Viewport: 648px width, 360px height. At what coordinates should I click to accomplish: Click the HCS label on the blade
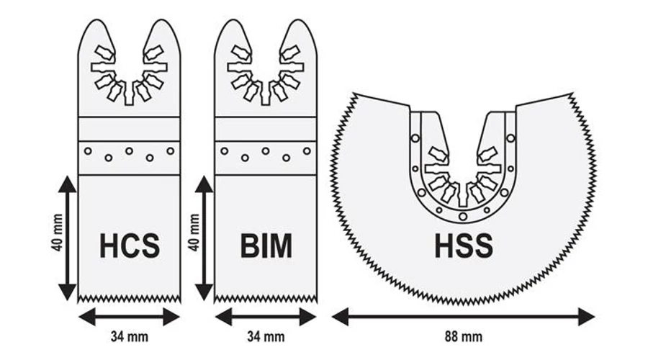pyautogui.click(x=130, y=246)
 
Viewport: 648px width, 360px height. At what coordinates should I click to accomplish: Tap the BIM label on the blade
pyautogui.click(x=266, y=246)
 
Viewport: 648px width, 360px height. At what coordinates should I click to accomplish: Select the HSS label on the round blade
pyautogui.click(x=464, y=246)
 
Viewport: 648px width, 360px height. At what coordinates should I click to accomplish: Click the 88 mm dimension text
pyautogui.click(x=464, y=336)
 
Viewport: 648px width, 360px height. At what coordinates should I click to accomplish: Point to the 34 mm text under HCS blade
pyautogui.click(x=130, y=336)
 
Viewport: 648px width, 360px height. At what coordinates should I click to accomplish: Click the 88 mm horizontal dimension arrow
pyautogui.click(x=464, y=315)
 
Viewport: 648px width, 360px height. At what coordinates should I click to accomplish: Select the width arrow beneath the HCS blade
pyautogui.click(x=130, y=315)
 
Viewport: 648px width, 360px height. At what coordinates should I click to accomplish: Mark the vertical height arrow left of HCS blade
pyautogui.click(x=67, y=238)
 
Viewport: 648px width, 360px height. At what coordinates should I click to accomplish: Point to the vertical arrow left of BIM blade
pyautogui.click(x=204, y=238)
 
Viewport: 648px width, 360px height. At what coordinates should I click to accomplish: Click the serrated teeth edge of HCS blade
pyautogui.click(x=130, y=297)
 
